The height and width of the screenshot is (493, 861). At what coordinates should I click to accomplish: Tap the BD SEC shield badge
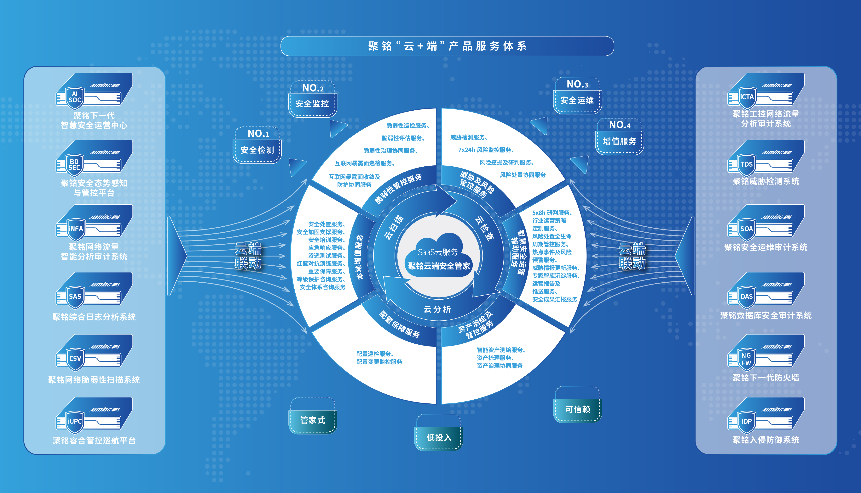pos(75,165)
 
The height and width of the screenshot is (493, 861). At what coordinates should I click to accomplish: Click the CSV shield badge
pos(75,359)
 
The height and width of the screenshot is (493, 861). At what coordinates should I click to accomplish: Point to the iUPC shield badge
pos(75,422)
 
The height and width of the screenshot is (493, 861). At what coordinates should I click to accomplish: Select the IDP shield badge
pos(746,422)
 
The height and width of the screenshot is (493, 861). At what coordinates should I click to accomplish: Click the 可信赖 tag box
pos(578,405)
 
